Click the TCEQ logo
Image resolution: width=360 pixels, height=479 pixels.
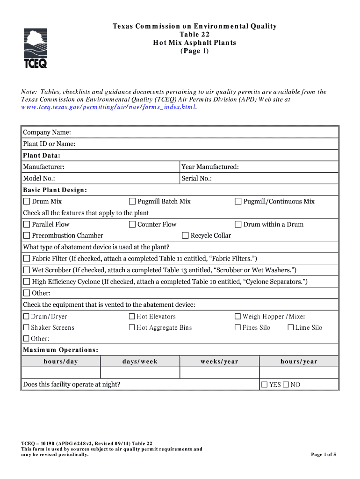pyautogui.click(x=35, y=48)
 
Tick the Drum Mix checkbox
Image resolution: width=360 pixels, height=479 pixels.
pyautogui.click(x=27, y=202)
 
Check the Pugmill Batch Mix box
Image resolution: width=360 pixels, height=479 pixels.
pyautogui.click(x=132, y=202)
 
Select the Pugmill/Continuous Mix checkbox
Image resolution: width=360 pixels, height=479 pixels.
pyautogui.click(x=238, y=202)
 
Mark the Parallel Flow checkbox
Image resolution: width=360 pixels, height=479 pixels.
pyautogui.click(x=27, y=225)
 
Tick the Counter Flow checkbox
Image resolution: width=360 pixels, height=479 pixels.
pyautogui.click(x=132, y=225)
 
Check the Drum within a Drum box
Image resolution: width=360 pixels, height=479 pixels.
pyautogui.click(x=238, y=225)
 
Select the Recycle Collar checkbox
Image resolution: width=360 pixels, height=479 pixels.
pyautogui.click(x=185, y=236)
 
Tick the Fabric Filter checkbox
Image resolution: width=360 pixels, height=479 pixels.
pyautogui.click(x=27, y=259)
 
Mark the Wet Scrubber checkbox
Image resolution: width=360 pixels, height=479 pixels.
pyautogui.click(x=27, y=270)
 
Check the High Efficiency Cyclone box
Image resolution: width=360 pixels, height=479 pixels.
pyautogui.click(x=27, y=282)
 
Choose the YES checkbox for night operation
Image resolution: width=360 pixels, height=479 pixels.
pyautogui.click(x=264, y=385)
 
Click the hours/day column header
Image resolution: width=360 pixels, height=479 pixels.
pyautogui.click(x=61, y=362)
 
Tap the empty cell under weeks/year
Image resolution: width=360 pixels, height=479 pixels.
pyautogui.click(x=219, y=373)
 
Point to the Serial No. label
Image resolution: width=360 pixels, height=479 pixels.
pyautogui.click(x=196, y=179)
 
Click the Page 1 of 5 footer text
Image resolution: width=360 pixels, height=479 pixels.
pyautogui.click(x=324, y=455)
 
